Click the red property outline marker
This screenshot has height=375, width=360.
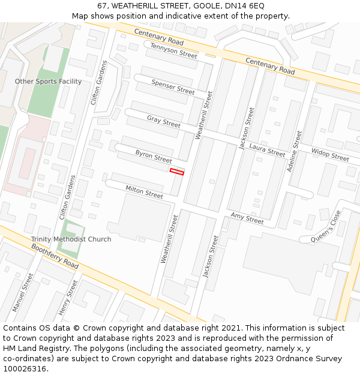pos(176,172)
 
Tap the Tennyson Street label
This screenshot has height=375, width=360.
pos(173,50)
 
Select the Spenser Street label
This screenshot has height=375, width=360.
pos(173,87)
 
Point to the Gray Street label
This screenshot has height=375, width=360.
pos(163,121)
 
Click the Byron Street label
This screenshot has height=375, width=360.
pos(154,157)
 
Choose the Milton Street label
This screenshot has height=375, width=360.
pos(144,192)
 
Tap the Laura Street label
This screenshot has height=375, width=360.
pos(267,150)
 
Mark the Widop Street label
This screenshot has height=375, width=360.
pos(330,155)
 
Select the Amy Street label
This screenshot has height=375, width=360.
pos(247,218)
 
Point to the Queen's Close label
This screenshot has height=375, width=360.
pos(329,226)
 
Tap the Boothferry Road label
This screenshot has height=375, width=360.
pos(55,256)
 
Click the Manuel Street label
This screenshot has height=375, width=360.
pos(23,293)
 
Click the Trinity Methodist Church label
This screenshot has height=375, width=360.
pos(71,239)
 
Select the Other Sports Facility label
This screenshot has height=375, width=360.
pos(48,82)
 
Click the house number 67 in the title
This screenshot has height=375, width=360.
pos(102,5)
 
